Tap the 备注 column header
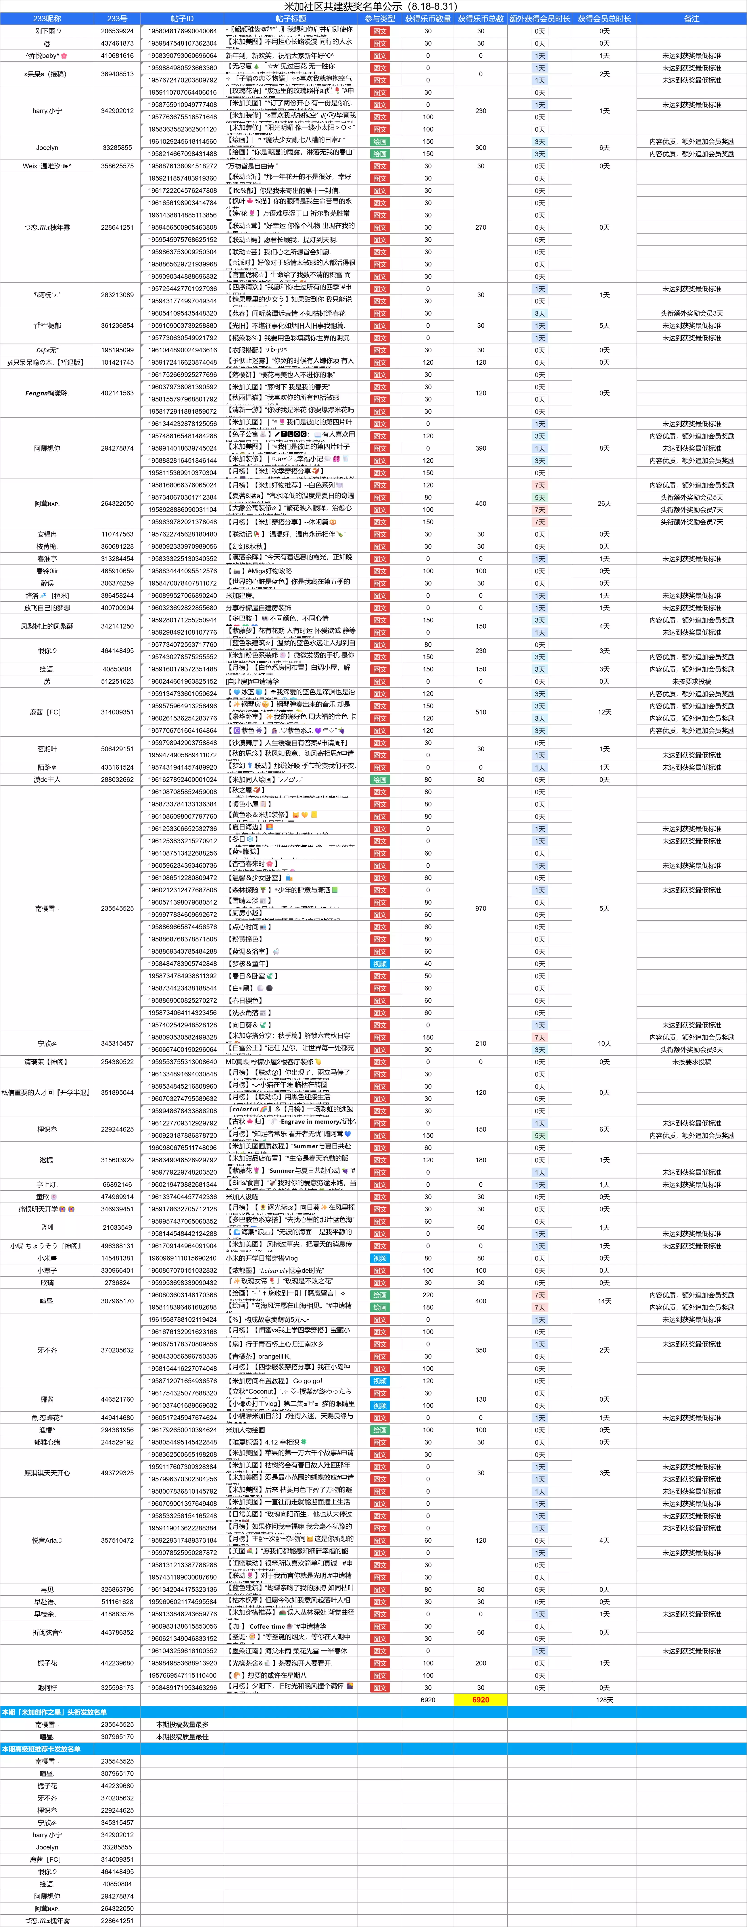pos(691,19)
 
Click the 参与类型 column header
pos(380,19)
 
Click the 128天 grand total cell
pos(604,1700)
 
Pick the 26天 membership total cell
pos(604,503)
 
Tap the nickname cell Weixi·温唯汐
pos(47,166)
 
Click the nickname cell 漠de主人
pos(47,779)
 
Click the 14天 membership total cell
pos(604,1301)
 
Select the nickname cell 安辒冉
pos(47,534)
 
